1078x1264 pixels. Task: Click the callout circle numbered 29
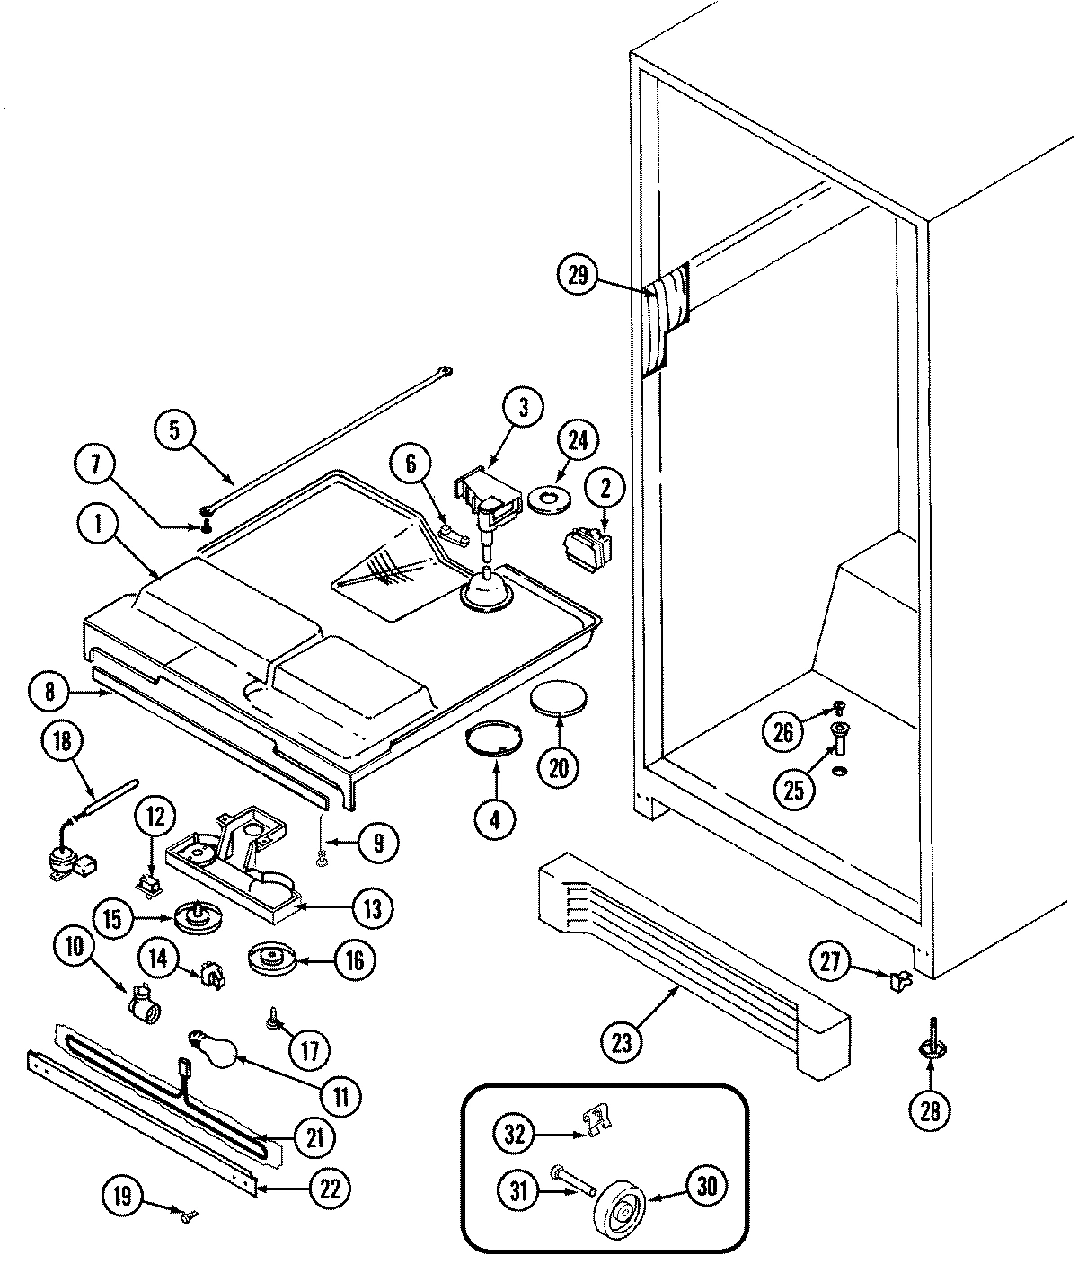(x=578, y=276)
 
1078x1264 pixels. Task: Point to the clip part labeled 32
(x=595, y=1119)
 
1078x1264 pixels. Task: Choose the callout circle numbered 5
(x=174, y=429)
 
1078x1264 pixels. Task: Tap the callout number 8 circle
(x=49, y=693)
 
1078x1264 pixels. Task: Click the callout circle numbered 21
(x=314, y=1137)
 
